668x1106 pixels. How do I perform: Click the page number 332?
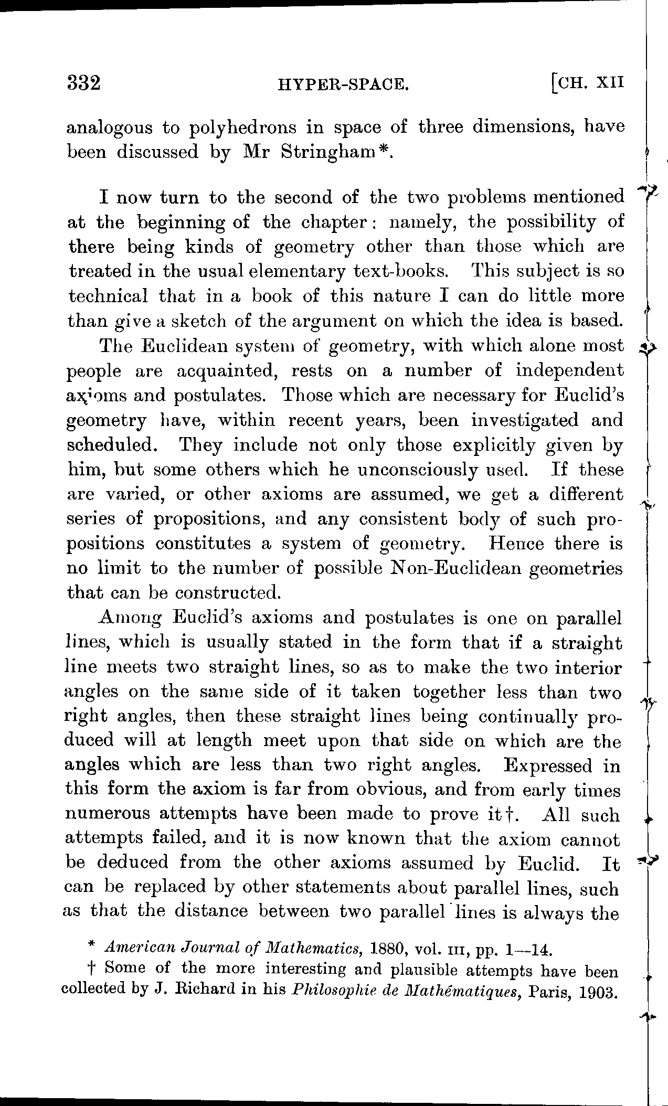[84, 83]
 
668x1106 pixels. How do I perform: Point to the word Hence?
[516, 543]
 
